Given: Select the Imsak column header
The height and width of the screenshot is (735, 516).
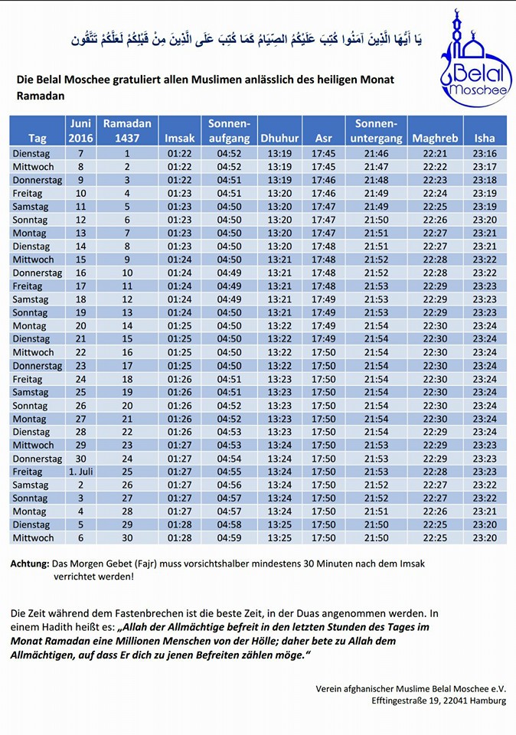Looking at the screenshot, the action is (179, 139).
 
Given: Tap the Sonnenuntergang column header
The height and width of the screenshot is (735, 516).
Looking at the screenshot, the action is (377, 131).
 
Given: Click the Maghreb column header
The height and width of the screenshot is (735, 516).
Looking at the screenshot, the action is (435, 139).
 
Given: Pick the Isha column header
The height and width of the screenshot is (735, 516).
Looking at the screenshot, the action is (484, 139).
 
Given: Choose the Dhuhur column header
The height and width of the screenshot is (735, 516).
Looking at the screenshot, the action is (279, 139).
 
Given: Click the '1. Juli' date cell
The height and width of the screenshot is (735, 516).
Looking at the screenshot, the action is (80, 472).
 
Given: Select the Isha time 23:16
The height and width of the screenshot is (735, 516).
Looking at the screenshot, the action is (485, 153).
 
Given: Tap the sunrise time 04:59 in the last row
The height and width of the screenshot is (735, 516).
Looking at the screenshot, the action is (229, 537).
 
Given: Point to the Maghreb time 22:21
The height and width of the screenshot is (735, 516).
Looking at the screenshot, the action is (435, 153).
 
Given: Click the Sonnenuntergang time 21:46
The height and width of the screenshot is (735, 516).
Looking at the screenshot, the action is (377, 153).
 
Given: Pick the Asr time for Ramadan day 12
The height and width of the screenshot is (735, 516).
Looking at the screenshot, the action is (323, 299).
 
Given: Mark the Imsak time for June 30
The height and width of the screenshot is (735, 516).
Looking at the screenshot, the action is (179, 459).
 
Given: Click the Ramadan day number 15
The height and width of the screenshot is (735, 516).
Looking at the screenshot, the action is (127, 339).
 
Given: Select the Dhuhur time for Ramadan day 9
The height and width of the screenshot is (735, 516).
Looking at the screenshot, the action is (279, 260).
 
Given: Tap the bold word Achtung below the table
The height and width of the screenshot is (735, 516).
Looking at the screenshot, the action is (30, 563).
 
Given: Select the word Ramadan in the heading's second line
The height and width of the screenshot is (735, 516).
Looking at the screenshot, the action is (41, 96).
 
